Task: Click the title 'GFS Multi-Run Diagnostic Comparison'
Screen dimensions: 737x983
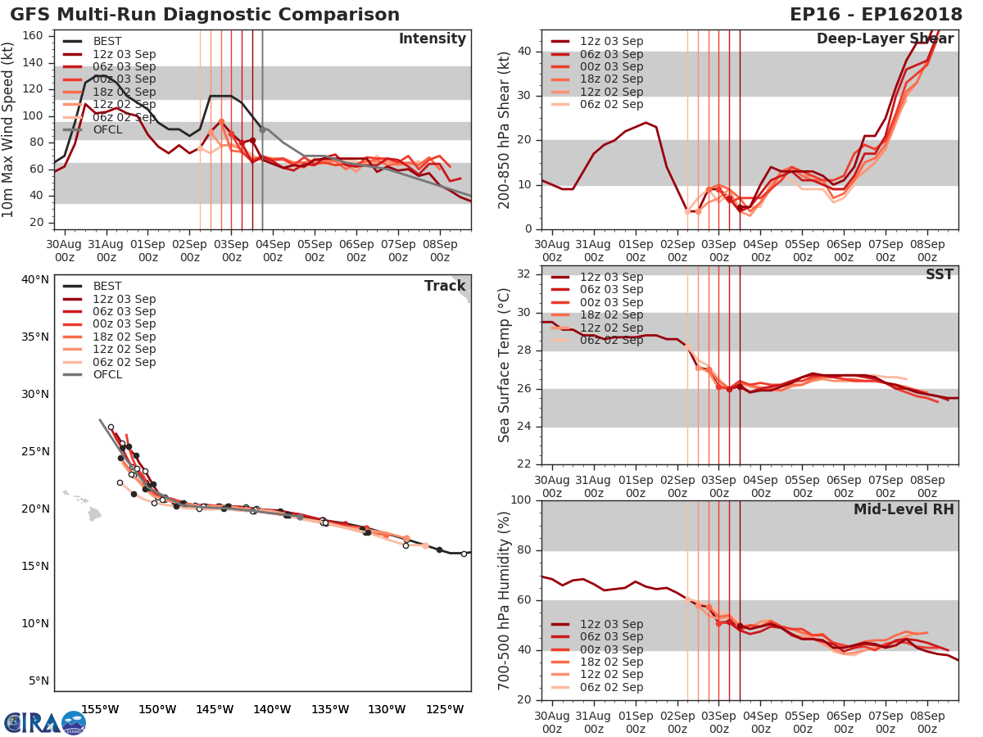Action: coord(205,15)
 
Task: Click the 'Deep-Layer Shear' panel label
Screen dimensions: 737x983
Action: coord(885,39)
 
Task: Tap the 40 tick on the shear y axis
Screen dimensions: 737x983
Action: coord(527,52)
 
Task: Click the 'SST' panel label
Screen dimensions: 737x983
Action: coord(939,274)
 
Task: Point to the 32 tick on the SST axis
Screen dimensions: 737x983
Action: coord(527,274)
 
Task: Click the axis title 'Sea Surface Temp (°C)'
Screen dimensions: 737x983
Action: coord(505,365)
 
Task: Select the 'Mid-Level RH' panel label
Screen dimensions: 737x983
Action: coord(904,509)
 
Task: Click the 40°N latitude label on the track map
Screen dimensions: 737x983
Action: coord(35,280)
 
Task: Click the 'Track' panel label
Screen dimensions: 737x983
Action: coord(443,286)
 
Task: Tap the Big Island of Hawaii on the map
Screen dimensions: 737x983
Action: coord(94,514)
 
